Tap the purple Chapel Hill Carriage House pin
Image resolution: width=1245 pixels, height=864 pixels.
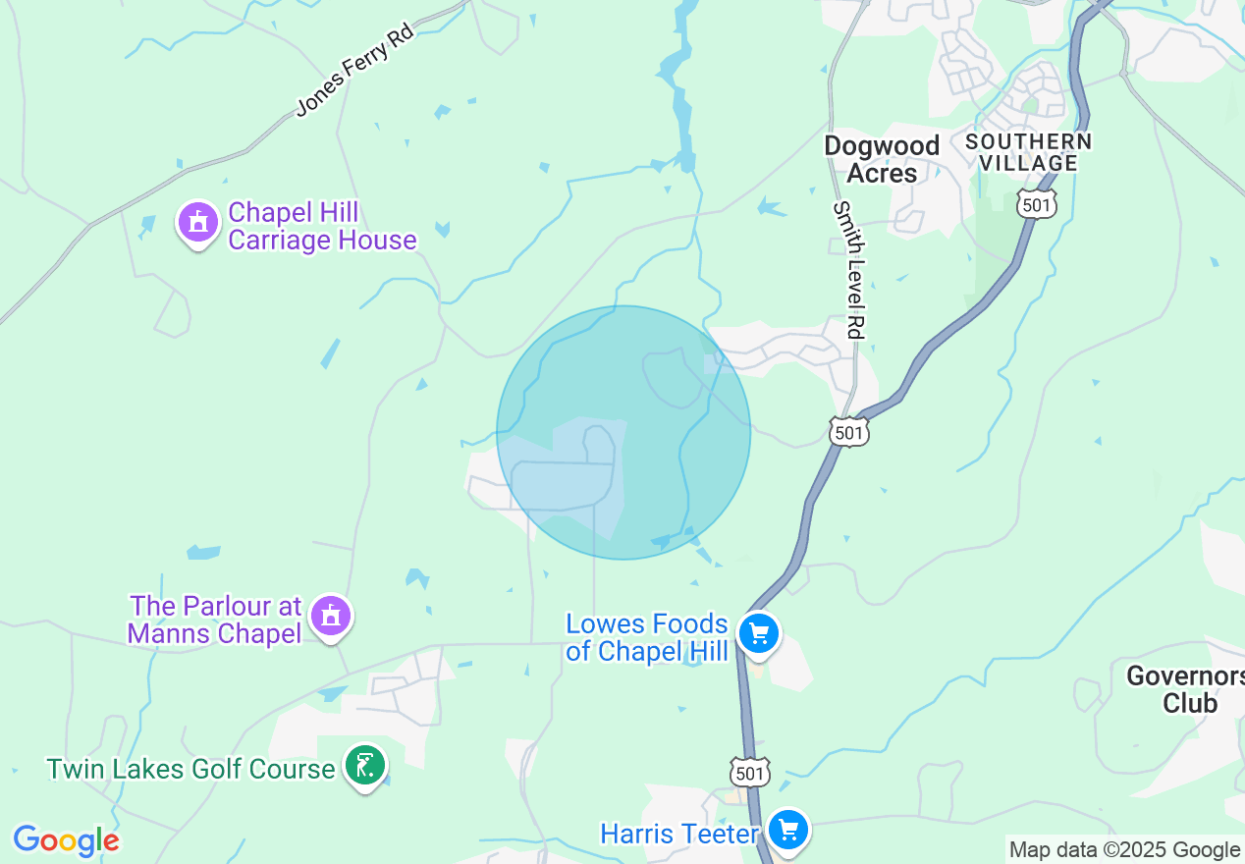(x=198, y=224)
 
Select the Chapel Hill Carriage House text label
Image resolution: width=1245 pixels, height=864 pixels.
(x=322, y=227)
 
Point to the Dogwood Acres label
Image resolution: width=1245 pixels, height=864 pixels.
(x=882, y=159)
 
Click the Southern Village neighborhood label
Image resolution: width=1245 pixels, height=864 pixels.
(x=1028, y=152)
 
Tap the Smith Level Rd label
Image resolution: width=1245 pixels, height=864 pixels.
(x=849, y=270)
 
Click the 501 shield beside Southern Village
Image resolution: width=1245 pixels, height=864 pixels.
(x=1037, y=204)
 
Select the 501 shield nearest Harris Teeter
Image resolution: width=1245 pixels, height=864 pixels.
(x=750, y=772)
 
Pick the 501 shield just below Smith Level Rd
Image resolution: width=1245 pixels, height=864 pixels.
(x=848, y=431)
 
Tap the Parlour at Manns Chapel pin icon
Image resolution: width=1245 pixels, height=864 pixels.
(x=331, y=617)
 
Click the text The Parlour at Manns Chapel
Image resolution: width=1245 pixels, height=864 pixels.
(x=215, y=620)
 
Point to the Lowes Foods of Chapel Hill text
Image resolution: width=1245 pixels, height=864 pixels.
(x=647, y=638)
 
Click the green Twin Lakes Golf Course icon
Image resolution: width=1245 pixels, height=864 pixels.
(x=365, y=765)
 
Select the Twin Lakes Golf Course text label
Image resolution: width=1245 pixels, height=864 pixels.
(x=190, y=769)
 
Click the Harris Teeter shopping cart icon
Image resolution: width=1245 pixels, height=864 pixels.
(x=787, y=831)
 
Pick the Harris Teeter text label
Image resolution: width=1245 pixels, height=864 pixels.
(x=679, y=835)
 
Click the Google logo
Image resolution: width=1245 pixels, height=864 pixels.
(x=66, y=841)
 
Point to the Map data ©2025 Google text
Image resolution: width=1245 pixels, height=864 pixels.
(x=1124, y=850)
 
